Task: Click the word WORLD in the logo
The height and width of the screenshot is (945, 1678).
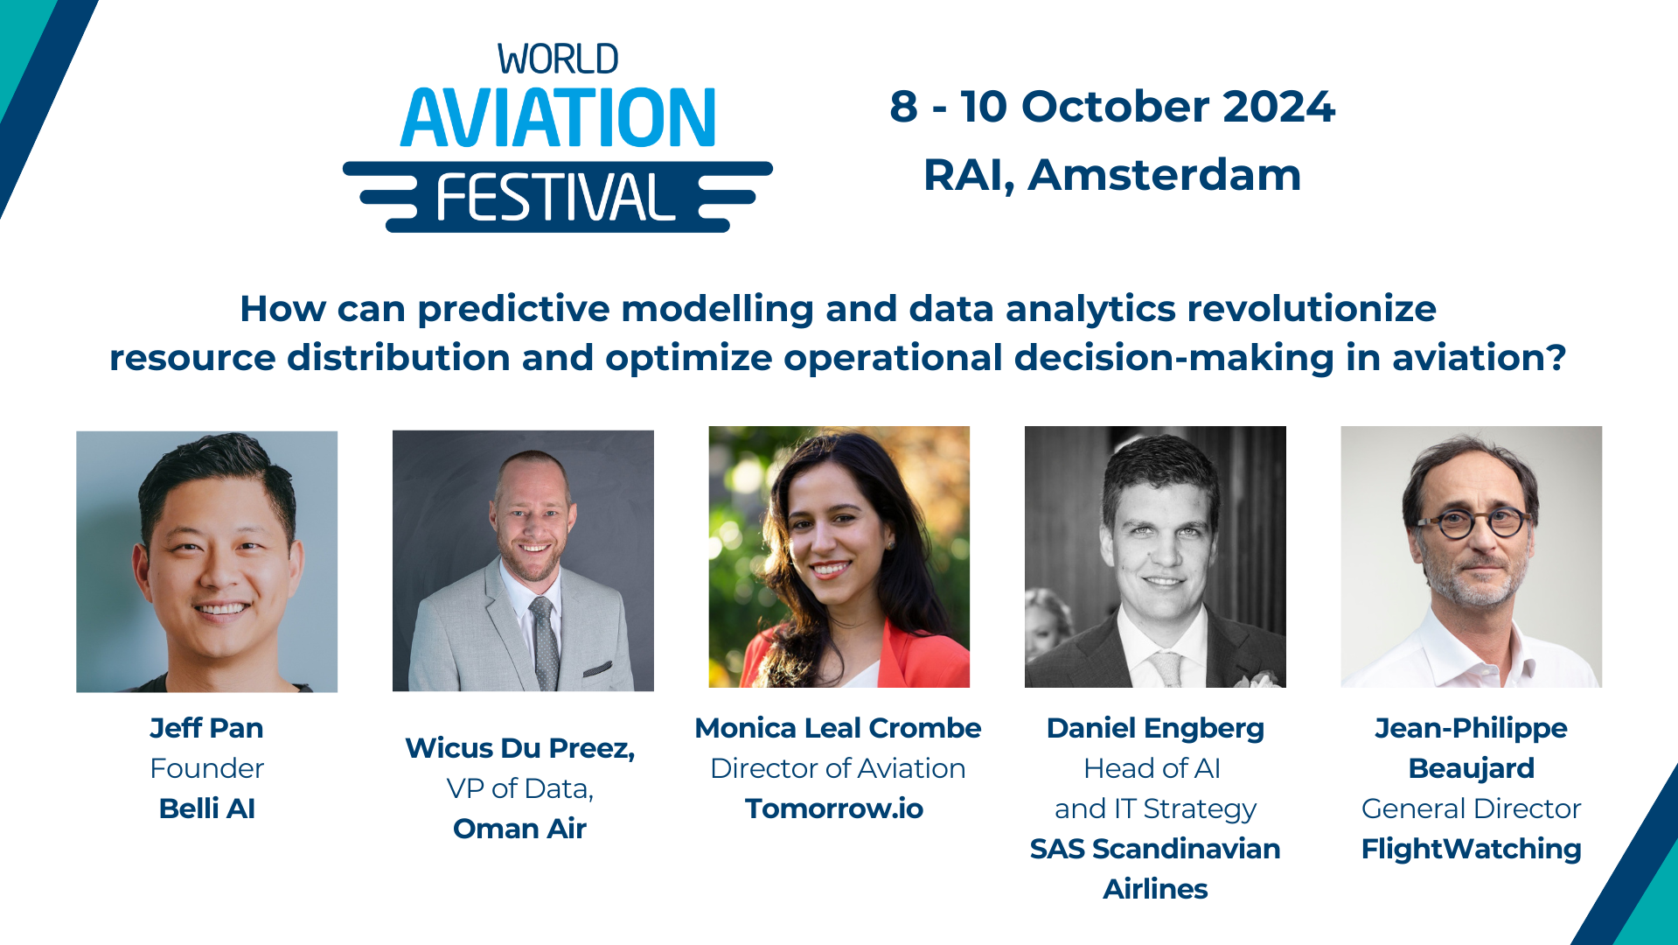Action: [558, 60]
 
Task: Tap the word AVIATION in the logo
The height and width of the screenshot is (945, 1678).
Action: [558, 118]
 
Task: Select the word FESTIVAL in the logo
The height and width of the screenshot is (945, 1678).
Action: [556, 198]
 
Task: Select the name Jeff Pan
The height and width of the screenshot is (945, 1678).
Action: [206, 728]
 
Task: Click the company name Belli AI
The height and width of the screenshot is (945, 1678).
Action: [206, 808]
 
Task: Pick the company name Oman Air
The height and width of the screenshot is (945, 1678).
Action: [519, 829]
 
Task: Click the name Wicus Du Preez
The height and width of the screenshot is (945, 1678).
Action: [519, 748]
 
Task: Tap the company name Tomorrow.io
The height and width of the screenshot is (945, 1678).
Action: [834, 808]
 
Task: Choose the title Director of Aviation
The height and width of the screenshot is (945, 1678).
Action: [838, 768]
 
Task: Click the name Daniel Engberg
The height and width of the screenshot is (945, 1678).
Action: [1155, 728]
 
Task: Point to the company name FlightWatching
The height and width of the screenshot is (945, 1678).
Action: [1471, 849]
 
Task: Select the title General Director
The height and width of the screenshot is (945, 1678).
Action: [1471, 808]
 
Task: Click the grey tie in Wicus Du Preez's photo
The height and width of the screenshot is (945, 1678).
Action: [544, 643]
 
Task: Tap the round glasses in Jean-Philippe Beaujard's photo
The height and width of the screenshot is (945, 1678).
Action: [1474, 524]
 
